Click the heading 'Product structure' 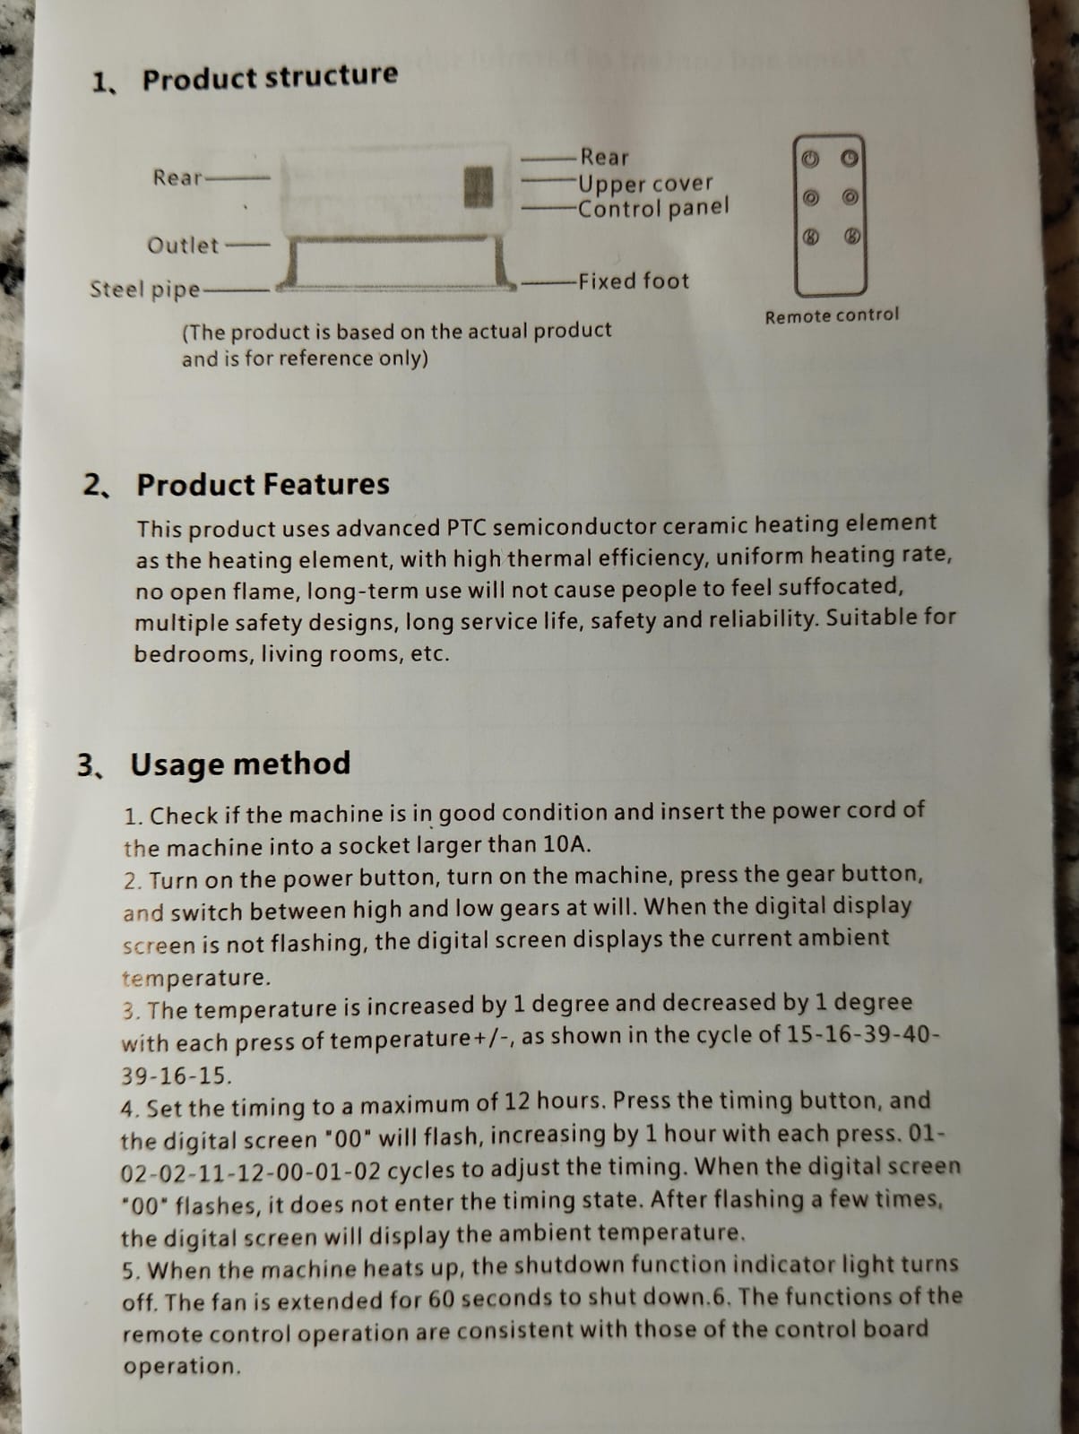[270, 76]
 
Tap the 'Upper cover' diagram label [645, 184]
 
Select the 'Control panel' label [652, 208]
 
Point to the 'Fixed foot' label [634, 281]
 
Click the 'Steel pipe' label [145, 289]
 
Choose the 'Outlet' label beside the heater [183, 246]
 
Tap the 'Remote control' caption [833, 316]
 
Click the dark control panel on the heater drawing [478, 187]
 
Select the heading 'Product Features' [263, 485]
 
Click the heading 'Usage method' [240, 764]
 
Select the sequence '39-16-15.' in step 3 [177, 1076]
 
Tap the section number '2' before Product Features [92, 485]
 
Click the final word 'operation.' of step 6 [182, 1366]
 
